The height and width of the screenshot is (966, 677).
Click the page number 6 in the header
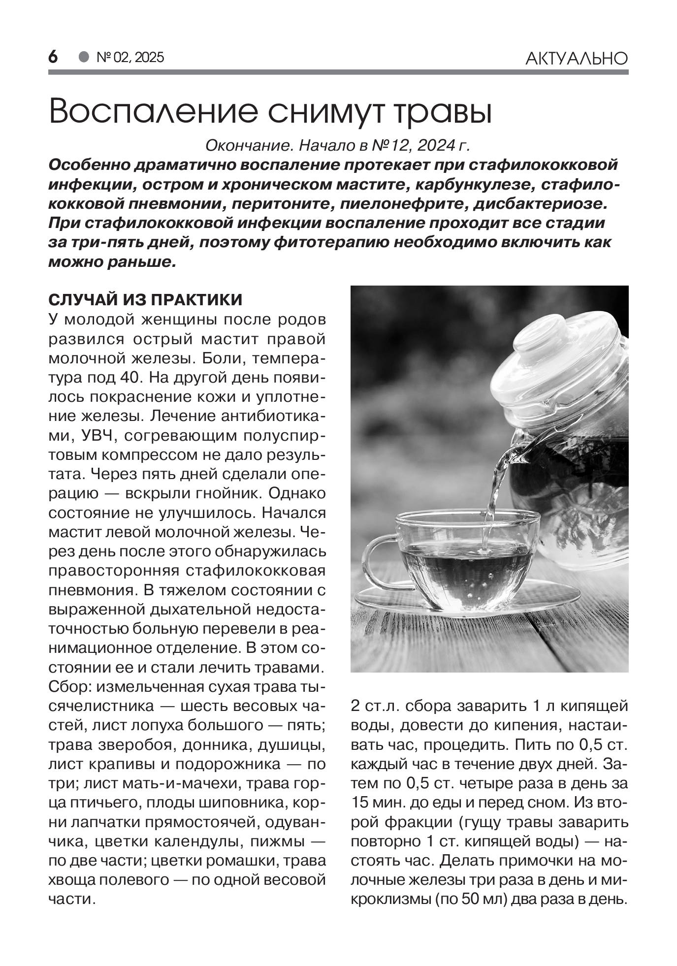[x=53, y=57]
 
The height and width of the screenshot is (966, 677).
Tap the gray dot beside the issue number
[x=85, y=57]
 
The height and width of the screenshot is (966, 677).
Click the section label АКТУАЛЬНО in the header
[x=576, y=59]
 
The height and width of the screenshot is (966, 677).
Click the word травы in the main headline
[x=441, y=112]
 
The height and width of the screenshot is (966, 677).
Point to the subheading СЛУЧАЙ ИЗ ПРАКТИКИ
[x=145, y=299]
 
